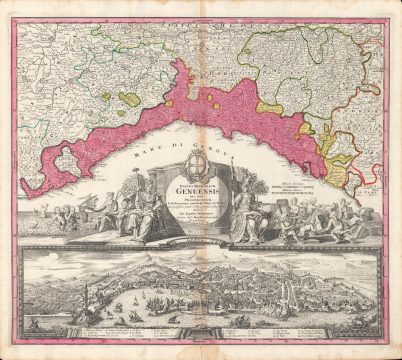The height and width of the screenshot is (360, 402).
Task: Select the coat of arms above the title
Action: click(x=200, y=164)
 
